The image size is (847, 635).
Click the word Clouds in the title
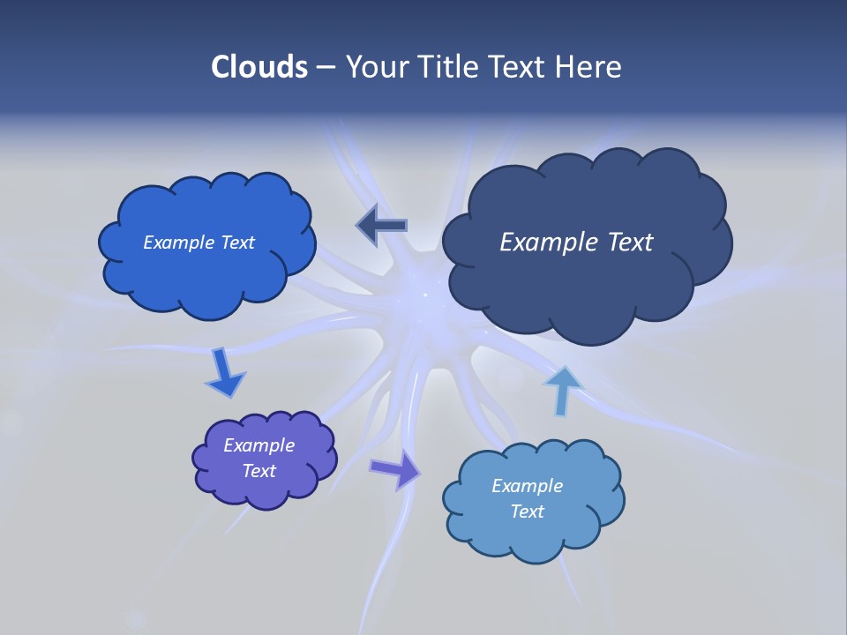pos(259,67)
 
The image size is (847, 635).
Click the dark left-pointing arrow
pos(382,226)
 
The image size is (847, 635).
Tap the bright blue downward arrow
pos(224,373)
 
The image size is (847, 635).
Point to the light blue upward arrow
pos(561,390)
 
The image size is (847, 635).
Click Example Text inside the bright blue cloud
pos(199,243)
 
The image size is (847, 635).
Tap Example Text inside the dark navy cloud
pos(576,243)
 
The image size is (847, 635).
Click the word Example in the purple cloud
pos(259,445)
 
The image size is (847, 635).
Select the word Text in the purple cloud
pos(259,471)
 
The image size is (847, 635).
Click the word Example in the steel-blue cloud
pos(527,486)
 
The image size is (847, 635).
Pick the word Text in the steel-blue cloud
pos(527,512)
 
